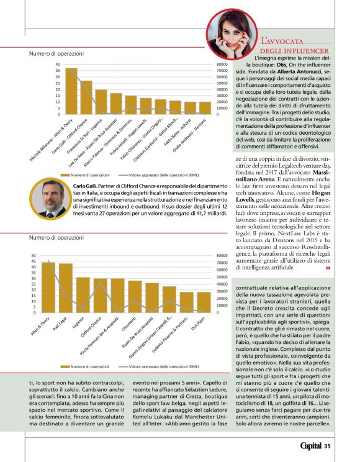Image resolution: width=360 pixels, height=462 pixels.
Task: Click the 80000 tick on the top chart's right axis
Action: point(221,65)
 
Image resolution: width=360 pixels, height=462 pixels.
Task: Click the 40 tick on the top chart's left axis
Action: point(58,65)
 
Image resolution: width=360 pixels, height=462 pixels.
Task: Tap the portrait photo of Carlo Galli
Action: point(48,198)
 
